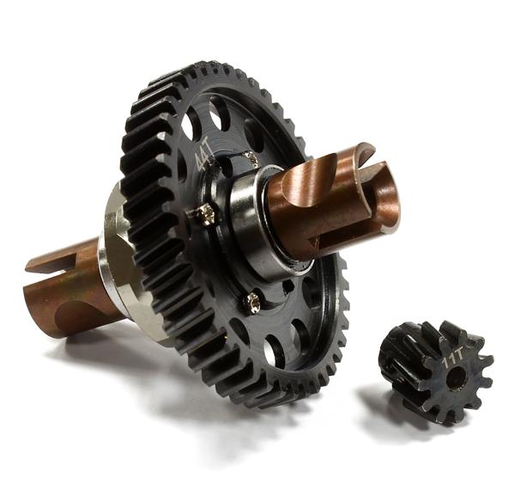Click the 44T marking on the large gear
coord(203,156)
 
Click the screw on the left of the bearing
coord(207,215)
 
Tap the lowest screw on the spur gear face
coord(253,300)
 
